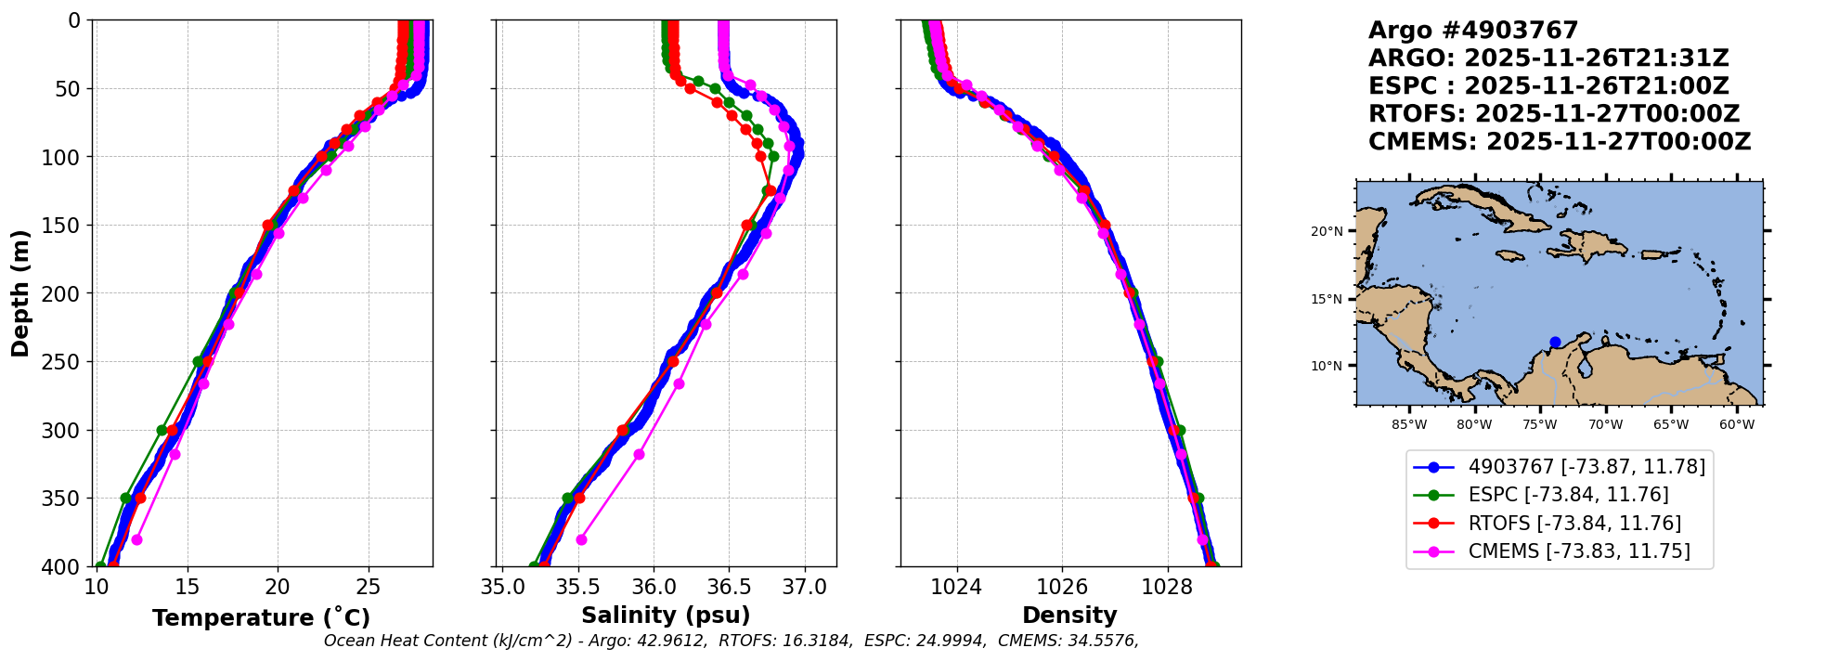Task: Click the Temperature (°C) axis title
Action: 262,617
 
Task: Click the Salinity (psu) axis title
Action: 666,616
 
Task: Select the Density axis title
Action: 1069,616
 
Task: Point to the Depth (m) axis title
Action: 20,293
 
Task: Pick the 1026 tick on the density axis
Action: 1061,587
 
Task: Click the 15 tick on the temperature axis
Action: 188,587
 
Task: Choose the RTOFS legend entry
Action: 1548,524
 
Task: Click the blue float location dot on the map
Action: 1555,343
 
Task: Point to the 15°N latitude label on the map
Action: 1327,299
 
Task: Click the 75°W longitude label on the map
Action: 1539,425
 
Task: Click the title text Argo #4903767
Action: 1473,31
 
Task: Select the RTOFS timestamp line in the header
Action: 1554,114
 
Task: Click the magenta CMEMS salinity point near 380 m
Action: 581,539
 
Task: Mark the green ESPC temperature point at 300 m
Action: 162,430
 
